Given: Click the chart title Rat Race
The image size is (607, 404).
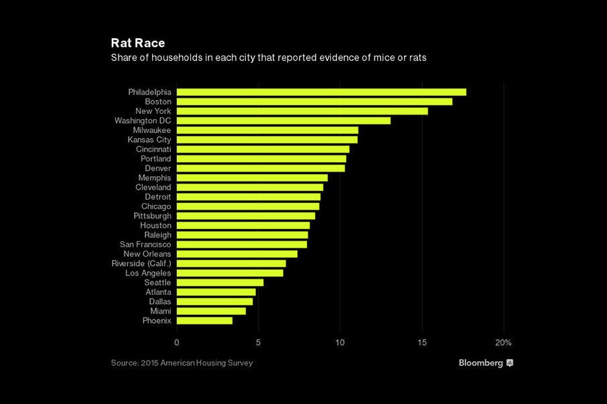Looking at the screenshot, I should [x=138, y=44].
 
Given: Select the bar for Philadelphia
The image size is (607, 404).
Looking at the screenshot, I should [x=321, y=92].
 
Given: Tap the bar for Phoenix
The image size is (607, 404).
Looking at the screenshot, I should [x=204, y=321].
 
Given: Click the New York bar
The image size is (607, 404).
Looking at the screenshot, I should [x=302, y=111].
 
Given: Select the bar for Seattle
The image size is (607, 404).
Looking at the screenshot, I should [x=220, y=283].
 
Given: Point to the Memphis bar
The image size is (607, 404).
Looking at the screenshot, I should [x=252, y=178].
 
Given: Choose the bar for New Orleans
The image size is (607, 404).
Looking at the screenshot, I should [x=237, y=254].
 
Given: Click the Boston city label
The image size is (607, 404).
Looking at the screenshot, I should [x=158, y=102].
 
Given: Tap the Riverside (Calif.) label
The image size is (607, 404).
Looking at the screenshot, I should [x=141, y=264].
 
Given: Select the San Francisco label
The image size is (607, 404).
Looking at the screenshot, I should [x=145, y=245].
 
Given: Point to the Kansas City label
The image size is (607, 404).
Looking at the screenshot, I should [x=149, y=140].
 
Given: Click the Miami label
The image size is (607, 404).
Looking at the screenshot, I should [x=160, y=312].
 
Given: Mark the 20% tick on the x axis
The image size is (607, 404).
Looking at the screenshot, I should [x=503, y=342].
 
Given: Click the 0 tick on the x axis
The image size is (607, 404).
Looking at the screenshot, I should [x=177, y=342].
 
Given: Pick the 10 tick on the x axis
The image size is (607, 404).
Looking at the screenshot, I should [x=340, y=342].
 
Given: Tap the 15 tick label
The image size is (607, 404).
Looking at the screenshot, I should [x=422, y=342].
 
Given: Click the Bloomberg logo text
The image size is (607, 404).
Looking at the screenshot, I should [x=481, y=363].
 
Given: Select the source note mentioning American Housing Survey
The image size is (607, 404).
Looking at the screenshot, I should [x=182, y=363].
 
